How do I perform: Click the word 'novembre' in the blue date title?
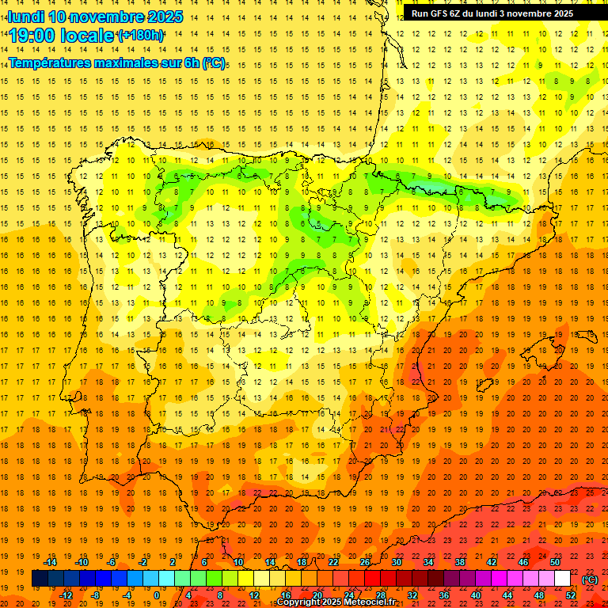(x=110, y=17)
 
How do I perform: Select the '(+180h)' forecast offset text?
(x=141, y=36)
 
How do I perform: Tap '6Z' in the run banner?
(x=462, y=13)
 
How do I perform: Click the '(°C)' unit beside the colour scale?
(x=591, y=579)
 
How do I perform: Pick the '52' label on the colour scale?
(x=571, y=595)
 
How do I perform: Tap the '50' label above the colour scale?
(x=555, y=562)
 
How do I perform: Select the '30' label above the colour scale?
(x=397, y=562)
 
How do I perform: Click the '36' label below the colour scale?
(x=444, y=595)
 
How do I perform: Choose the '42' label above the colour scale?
(x=492, y=562)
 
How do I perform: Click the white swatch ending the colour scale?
(x=563, y=579)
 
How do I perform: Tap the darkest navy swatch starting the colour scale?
(x=40, y=579)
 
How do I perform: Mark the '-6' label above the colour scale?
(x=112, y=562)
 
